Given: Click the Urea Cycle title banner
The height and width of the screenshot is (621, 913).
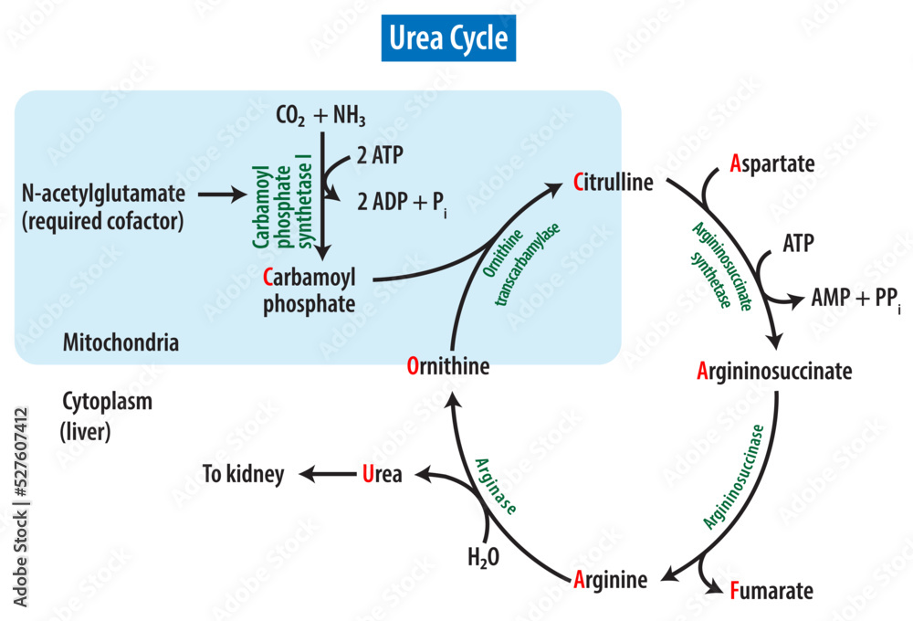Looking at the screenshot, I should (448, 39).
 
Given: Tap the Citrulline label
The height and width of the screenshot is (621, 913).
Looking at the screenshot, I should (614, 182).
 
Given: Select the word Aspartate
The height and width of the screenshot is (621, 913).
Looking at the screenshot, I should (772, 163).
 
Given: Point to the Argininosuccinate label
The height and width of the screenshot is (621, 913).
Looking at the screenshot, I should (774, 372).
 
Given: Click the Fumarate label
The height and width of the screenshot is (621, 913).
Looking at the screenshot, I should (771, 591).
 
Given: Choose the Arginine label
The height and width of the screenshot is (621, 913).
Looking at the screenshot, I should (611, 580).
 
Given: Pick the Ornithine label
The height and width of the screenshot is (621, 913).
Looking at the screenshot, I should (448, 367).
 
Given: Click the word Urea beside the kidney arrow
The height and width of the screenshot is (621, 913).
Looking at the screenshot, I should (382, 474).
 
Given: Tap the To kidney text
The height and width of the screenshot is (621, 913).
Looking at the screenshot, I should (244, 474).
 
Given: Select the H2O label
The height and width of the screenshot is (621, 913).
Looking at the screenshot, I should (483, 557).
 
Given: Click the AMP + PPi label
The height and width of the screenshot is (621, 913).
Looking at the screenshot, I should (855, 299).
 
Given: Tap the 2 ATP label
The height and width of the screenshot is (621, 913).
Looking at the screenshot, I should (380, 154).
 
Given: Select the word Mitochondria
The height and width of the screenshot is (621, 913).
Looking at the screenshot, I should (121, 343).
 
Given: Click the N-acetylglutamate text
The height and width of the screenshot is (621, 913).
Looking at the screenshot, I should (103, 194).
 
